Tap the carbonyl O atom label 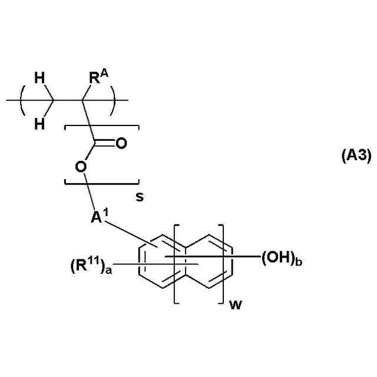[121, 143]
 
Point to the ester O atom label [81, 167]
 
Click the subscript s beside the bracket [140, 197]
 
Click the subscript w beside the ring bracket [234, 304]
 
